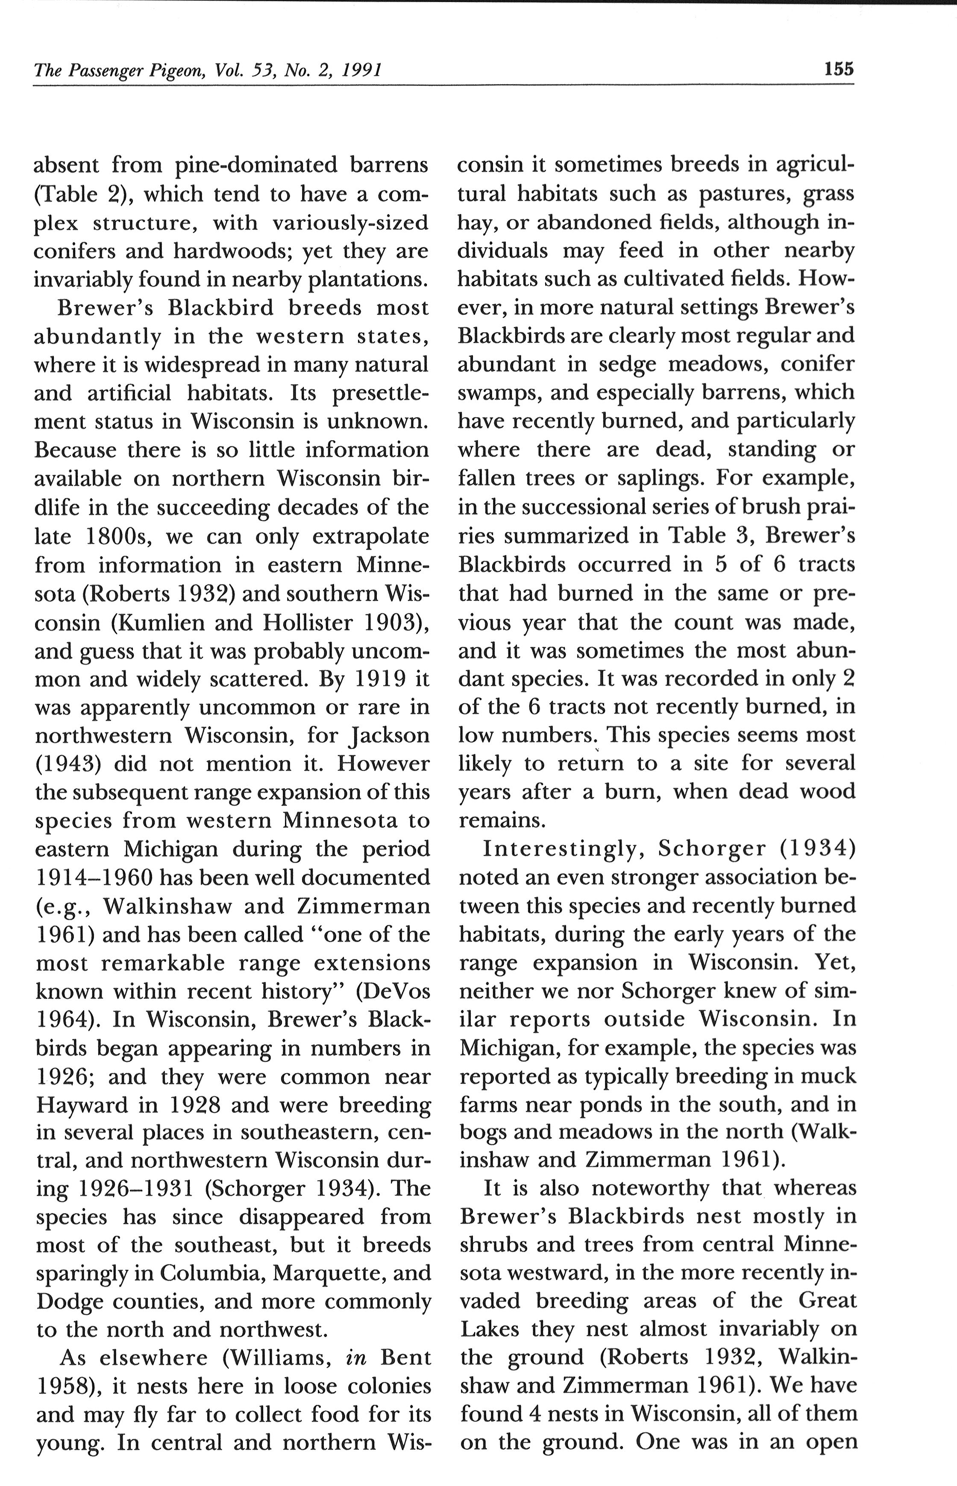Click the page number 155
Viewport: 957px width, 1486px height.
click(838, 68)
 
